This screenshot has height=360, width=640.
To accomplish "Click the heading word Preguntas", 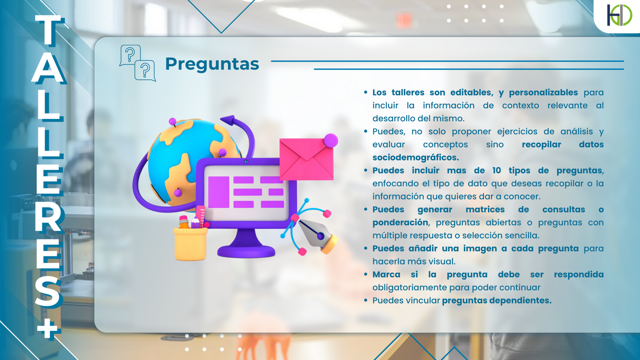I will pos(212,64).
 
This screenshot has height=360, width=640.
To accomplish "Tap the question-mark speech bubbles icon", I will pos(138,63).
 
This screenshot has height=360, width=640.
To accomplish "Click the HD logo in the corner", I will pos(619,15).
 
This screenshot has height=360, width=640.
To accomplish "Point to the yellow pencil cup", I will pos(190,243).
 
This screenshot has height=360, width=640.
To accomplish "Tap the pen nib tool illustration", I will pos(317,233).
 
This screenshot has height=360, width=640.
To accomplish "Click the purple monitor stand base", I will pos(246,250).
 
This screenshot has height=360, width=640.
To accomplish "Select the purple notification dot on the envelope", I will pos(331,140).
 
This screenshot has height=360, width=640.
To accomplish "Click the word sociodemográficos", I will pos(415,157).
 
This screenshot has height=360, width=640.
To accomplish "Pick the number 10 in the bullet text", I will pos(496,170).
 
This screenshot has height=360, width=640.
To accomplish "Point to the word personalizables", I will pos(543,92).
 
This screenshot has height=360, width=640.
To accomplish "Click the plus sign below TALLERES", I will pos(49,328).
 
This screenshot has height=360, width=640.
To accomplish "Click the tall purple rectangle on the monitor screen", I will pos(219,192).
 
